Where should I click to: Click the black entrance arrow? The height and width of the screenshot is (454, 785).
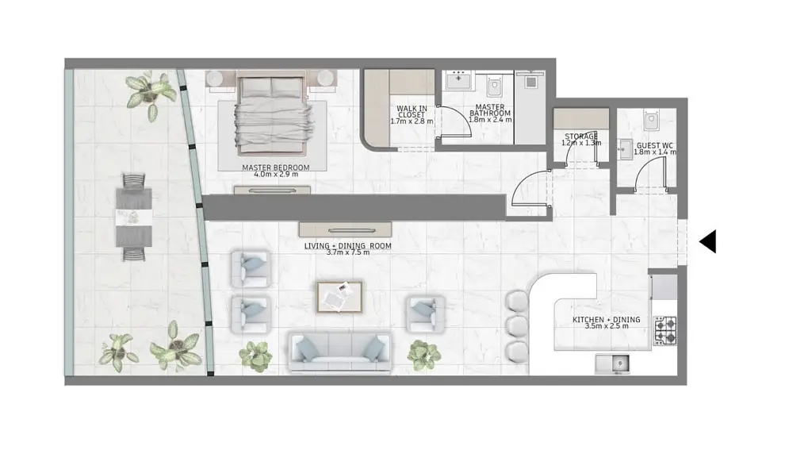pos(707,241)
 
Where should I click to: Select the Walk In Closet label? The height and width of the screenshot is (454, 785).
pos(412,111)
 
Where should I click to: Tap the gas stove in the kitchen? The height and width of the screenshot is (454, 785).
pos(665,331)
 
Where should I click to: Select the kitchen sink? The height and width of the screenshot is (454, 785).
pos(612,364)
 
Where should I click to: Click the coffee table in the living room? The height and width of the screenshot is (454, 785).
pos(339,297)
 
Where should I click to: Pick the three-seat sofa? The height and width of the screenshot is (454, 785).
pos(340,352)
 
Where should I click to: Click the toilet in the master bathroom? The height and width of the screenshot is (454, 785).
pos(495,87)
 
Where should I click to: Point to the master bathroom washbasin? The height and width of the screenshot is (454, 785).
pos(460,80)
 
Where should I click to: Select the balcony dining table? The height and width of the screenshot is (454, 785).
pos(134,217)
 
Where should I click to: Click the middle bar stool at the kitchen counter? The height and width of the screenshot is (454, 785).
pos(515,325)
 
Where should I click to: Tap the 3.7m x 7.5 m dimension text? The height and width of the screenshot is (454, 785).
pos(348,252)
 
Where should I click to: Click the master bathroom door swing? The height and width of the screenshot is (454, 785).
pos(455,121)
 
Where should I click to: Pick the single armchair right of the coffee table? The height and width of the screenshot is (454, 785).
pos(425,314)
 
